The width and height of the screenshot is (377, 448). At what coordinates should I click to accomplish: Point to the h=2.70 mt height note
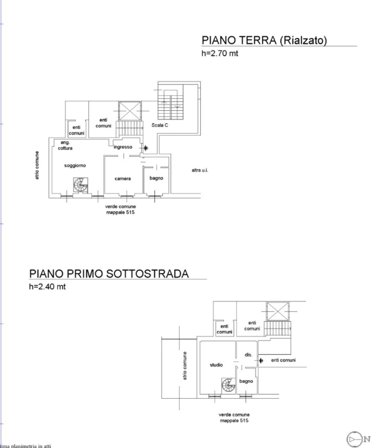(220, 54)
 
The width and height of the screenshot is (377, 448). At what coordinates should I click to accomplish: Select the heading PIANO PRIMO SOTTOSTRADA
(109, 274)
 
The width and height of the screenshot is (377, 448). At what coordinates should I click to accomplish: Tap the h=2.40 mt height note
(47, 287)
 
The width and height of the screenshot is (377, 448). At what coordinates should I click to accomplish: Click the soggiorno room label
(75, 165)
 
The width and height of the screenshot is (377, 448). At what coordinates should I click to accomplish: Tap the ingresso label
(123, 147)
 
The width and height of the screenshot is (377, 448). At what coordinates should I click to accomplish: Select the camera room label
(123, 179)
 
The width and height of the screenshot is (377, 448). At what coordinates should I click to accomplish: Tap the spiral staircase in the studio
(228, 386)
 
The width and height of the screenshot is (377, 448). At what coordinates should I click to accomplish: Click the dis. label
(247, 355)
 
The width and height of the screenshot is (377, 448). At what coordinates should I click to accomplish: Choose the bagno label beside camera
(156, 179)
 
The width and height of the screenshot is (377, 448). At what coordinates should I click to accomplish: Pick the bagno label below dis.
(246, 380)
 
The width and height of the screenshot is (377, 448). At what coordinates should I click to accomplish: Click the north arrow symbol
(354, 439)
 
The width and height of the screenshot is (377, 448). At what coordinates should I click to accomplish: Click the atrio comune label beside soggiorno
(38, 166)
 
